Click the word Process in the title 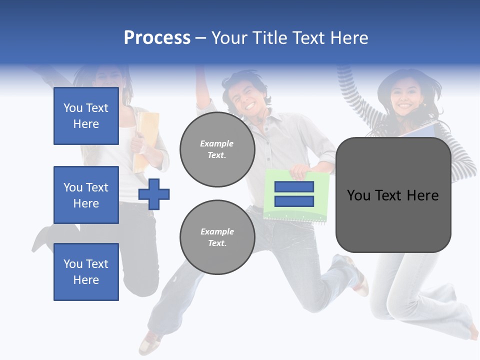click(x=157, y=38)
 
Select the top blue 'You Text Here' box click(x=86, y=116)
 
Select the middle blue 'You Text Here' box click(x=86, y=195)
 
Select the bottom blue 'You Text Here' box click(x=86, y=272)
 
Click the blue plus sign click(x=154, y=194)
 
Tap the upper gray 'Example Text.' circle click(x=217, y=149)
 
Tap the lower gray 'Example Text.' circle click(x=217, y=237)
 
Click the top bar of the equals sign click(x=294, y=187)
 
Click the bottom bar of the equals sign click(x=294, y=201)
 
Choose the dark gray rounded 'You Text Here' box click(x=393, y=195)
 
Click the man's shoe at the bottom click(x=150, y=343)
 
